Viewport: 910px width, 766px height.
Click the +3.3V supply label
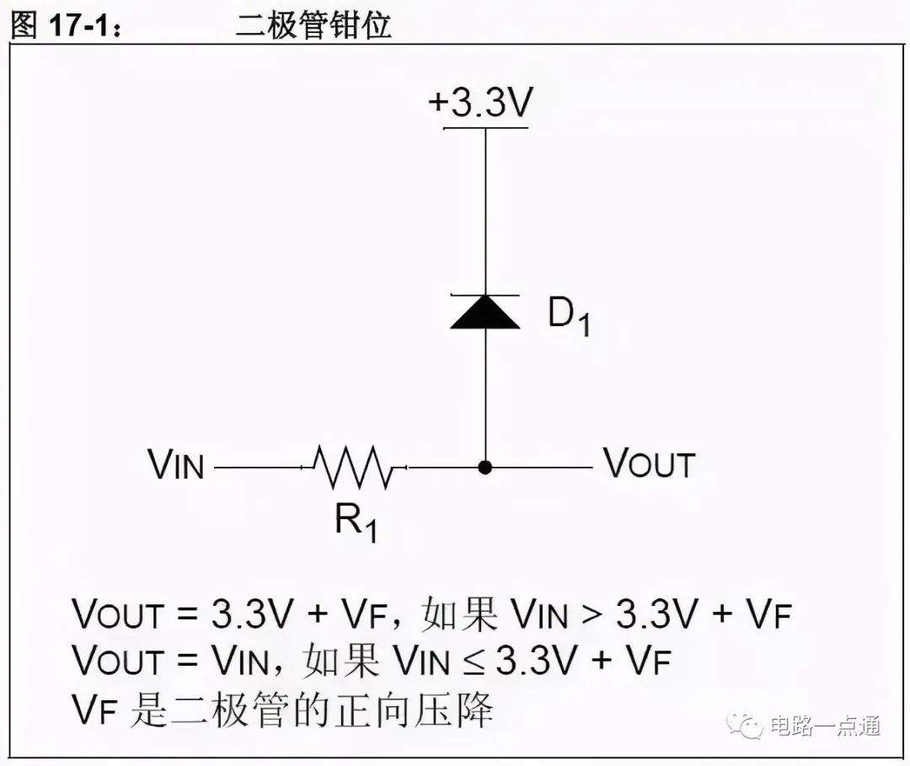click(479, 103)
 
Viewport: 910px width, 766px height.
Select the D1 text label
click(569, 317)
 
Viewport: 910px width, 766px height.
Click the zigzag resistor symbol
click(353, 467)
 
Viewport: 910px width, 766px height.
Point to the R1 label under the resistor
click(356, 522)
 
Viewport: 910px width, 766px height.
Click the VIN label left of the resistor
click(176, 465)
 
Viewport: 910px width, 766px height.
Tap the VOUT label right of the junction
click(649, 463)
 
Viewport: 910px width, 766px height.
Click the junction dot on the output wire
click(485, 467)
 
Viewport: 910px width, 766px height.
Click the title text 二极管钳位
click(313, 25)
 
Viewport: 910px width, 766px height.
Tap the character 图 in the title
click(24, 25)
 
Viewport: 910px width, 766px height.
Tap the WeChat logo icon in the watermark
click(745, 725)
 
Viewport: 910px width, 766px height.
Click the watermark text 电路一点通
click(825, 726)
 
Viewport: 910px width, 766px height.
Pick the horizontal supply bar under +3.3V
click(486, 127)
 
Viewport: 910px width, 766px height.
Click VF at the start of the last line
click(96, 710)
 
